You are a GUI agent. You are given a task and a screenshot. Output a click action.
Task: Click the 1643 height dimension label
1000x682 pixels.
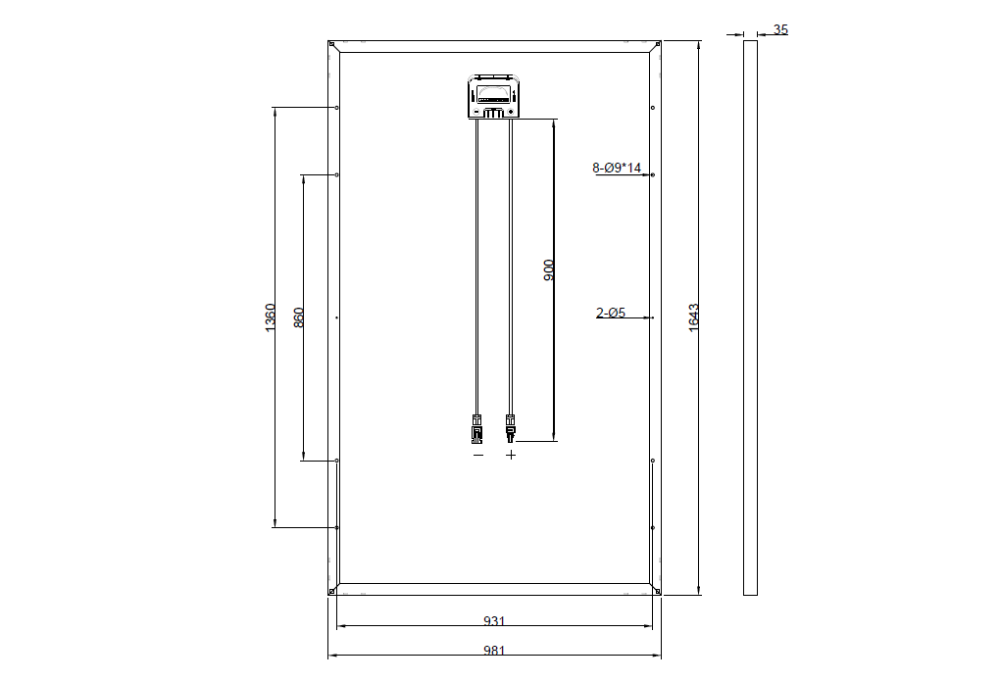694,317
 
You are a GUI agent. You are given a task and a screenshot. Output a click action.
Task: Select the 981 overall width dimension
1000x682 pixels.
494,650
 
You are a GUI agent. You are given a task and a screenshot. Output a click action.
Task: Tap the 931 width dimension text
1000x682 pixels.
494,620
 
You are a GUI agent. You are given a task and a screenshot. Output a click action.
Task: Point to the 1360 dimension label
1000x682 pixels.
270,317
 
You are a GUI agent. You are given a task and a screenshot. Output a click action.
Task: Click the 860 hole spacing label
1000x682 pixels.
298,317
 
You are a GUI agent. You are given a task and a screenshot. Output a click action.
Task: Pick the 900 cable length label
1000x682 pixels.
548,270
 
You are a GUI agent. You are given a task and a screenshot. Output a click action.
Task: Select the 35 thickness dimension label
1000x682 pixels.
780,29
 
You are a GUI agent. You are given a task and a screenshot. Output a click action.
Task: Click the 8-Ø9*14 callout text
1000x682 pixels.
617,168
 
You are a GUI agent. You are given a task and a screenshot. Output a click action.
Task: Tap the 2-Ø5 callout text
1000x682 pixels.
611,313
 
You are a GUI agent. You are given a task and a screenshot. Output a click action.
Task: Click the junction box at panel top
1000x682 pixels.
494,96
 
